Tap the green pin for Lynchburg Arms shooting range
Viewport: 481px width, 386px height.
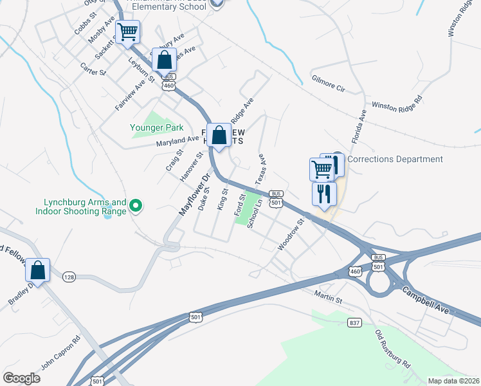tap(136, 206)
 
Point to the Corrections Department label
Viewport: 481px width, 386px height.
tap(396, 159)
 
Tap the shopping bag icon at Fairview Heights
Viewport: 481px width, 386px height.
tap(219, 135)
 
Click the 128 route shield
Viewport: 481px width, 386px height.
tap(69, 277)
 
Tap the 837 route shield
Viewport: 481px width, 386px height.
tap(354, 322)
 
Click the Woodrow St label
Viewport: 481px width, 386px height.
tap(289, 236)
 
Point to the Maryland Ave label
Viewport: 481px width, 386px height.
tap(177, 140)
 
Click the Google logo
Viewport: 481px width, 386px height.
tap(21, 378)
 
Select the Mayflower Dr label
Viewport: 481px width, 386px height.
tap(194, 195)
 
